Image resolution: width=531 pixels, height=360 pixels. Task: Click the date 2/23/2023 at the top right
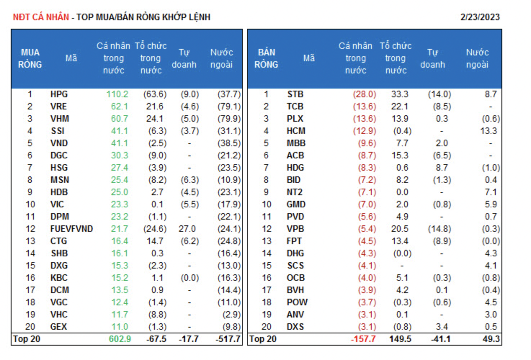coord(480,17)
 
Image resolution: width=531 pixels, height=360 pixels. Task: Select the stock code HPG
coord(59,94)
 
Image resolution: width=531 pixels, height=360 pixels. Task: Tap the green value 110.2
coord(117,94)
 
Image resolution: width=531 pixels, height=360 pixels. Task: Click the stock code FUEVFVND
coord(71,229)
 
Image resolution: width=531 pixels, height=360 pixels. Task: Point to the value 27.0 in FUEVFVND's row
coord(187,229)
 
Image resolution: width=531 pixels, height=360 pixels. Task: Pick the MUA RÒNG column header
coord(30,58)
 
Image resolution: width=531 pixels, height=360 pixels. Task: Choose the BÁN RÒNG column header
coord(266,58)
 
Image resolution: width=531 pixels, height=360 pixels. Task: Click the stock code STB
coord(295,94)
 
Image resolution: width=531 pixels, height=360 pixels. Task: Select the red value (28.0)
coord(364,94)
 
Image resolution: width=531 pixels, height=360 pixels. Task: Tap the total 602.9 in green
coord(120,339)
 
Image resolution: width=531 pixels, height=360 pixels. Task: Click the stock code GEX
coord(59,327)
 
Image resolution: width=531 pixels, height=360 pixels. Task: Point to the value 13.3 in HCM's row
coord(488,131)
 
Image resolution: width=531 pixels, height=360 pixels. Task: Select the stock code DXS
coord(295,327)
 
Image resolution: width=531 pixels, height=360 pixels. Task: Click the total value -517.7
coord(228,339)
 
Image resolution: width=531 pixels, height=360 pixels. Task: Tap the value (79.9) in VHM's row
coord(229,119)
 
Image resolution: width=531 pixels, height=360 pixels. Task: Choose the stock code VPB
coord(295,229)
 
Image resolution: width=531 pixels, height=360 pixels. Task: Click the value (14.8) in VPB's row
coord(439,229)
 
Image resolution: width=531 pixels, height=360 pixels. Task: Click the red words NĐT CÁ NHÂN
coord(41,17)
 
